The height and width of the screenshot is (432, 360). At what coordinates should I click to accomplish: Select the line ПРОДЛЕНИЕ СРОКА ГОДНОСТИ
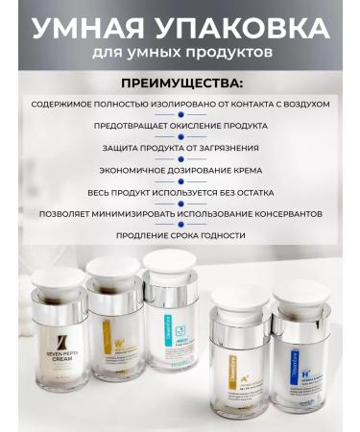point(180,235)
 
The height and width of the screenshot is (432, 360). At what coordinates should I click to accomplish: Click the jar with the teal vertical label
point(172,326)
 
